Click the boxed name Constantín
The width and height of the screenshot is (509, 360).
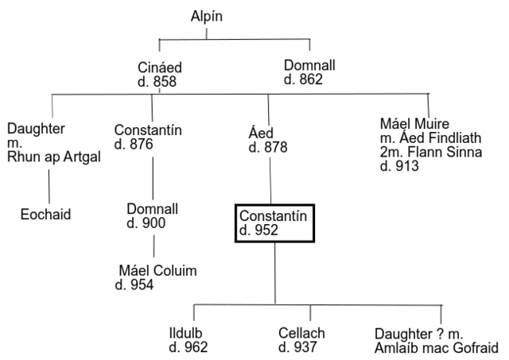(272, 215)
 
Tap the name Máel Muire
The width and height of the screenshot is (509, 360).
(414, 123)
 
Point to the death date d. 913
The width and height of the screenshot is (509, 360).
(400, 166)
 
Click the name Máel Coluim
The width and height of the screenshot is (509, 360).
(157, 272)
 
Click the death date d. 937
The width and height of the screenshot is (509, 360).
(298, 347)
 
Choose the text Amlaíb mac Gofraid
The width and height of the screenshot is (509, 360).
(437, 347)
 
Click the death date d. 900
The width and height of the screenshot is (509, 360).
(146, 223)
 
